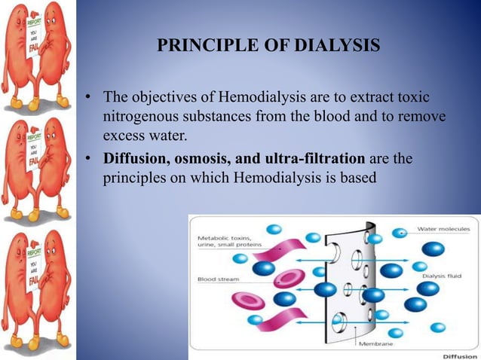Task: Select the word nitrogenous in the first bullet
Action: (x=142, y=117)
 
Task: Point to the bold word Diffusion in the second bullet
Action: (x=134, y=159)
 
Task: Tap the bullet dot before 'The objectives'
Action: (x=87, y=98)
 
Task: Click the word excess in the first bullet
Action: (x=124, y=137)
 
